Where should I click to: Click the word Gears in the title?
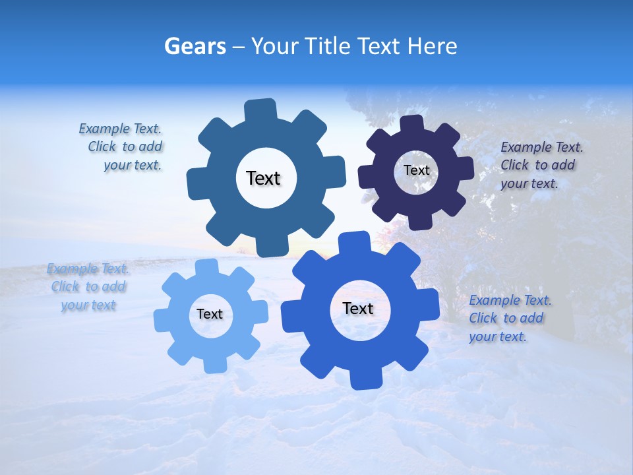point(195,47)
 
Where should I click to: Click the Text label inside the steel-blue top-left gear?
point(263,178)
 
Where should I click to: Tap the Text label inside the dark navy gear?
point(416,170)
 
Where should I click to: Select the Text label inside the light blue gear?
point(210,314)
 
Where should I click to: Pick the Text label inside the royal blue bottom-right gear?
point(358,308)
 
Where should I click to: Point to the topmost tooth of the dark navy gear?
point(411,123)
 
